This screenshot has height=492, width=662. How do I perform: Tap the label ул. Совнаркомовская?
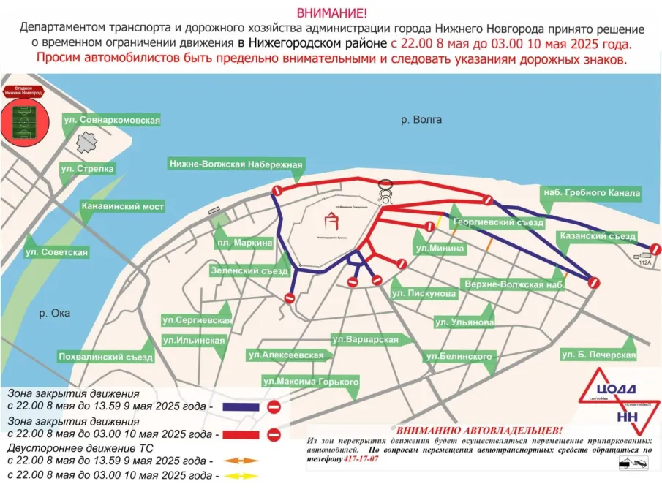pyautogui.click(x=111, y=119)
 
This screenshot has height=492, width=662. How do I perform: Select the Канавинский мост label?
pyautogui.click(x=122, y=207)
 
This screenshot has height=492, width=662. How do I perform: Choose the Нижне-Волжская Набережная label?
pyautogui.click(x=235, y=164)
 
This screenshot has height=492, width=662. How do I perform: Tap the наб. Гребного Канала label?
pyautogui.click(x=591, y=194)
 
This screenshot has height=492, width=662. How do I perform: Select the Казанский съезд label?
pyautogui.click(x=596, y=236)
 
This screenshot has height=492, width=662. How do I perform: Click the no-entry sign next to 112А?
pyautogui.click(x=655, y=249)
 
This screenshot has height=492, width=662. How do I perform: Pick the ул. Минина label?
pyautogui.click(x=440, y=249)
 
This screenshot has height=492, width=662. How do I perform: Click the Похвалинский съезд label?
pyautogui.click(x=105, y=357)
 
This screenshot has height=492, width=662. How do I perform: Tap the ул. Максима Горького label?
pyautogui.click(x=311, y=382)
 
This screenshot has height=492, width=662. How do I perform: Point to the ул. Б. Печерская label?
pyautogui.click(x=598, y=355)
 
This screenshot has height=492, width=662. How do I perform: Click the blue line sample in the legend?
pyautogui.click(x=238, y=406)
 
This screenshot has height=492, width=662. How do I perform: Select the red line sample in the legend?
pyautogui.click(x=238, y=434)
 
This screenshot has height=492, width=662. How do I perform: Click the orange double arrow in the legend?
pyautogui.click(x=238, y=461)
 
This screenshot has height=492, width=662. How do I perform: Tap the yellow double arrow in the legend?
pyautogui.click(x=238, y=476)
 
